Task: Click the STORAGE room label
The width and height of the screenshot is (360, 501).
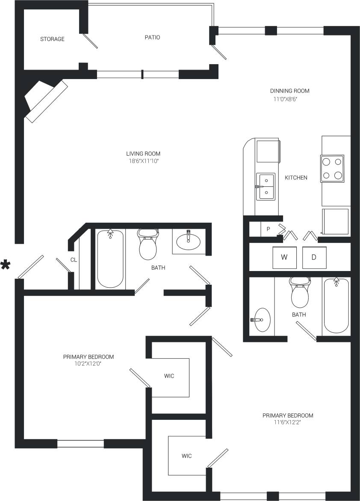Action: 52,39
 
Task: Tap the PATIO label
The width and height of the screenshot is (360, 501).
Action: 152,38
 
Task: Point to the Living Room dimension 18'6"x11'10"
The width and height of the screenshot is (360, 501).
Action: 143,161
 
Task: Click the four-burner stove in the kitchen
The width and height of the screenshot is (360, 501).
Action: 332,168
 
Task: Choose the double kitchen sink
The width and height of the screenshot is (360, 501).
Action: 266,187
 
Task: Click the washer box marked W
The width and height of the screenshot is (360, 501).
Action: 284,257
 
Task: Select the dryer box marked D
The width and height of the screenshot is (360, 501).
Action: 314,257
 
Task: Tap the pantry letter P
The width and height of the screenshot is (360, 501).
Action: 268,229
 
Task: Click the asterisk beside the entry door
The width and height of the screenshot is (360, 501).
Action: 6,265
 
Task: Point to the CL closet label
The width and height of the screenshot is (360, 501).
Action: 73,259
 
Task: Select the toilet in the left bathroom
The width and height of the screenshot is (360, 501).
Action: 148,245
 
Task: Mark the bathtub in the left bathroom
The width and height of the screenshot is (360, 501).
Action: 110,259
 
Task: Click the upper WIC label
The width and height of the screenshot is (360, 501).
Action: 169,376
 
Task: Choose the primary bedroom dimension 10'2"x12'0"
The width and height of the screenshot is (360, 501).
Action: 88,364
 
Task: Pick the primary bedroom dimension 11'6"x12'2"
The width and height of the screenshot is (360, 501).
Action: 288,423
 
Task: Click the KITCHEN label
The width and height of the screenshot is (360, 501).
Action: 296,177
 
